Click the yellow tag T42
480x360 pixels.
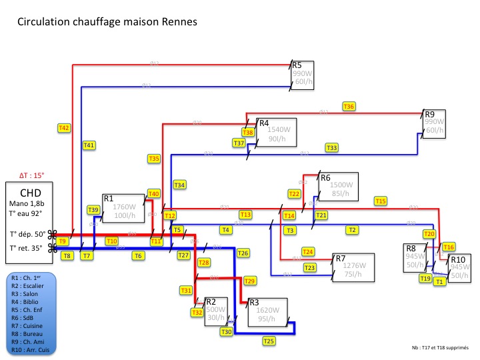[x=64, y=127]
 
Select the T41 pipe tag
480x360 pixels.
[x=89, y=145]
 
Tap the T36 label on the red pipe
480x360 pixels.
[x=349, y=107]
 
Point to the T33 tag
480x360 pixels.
[x=332, y=147]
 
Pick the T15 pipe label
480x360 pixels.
[x=381, y=201]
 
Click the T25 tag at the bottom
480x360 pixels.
[x=269, y=341]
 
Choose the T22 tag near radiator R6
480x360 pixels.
[x=294, y=193]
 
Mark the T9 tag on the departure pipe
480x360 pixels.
[x=62, y=241]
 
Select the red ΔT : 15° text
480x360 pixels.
[x=31, y=175]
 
